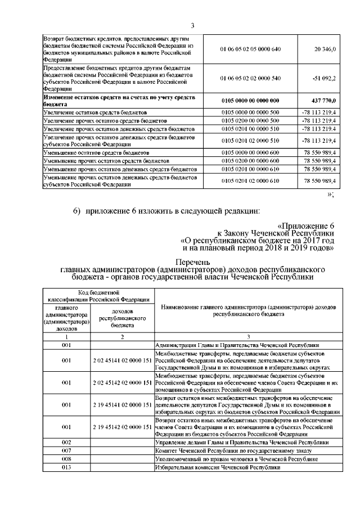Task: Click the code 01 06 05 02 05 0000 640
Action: pos(250,51)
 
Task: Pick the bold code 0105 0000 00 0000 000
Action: pos(250,101)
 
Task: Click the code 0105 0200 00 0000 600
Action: pos(250,161)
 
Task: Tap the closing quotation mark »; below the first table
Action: pos(331,194)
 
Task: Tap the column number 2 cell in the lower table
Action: pos(122,336)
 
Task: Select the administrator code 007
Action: pos(66,451)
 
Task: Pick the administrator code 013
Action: pos(66,467)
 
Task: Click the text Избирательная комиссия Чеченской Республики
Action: pos(217,467)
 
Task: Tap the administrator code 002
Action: pos(66,443)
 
